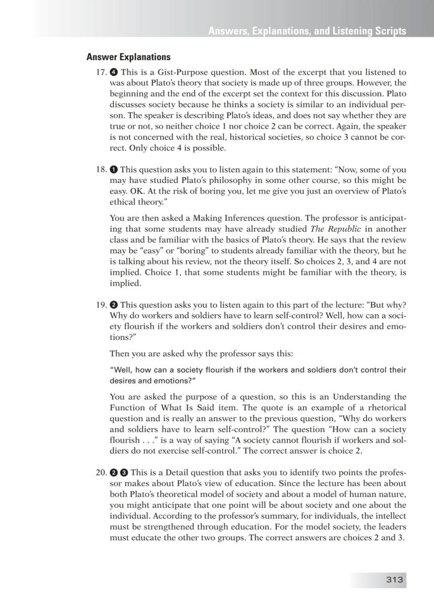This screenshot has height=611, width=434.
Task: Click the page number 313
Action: click(394, 580)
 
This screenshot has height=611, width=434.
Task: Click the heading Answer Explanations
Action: click(128, 57)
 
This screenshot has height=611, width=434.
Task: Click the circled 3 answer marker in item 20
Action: click(124, 473)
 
